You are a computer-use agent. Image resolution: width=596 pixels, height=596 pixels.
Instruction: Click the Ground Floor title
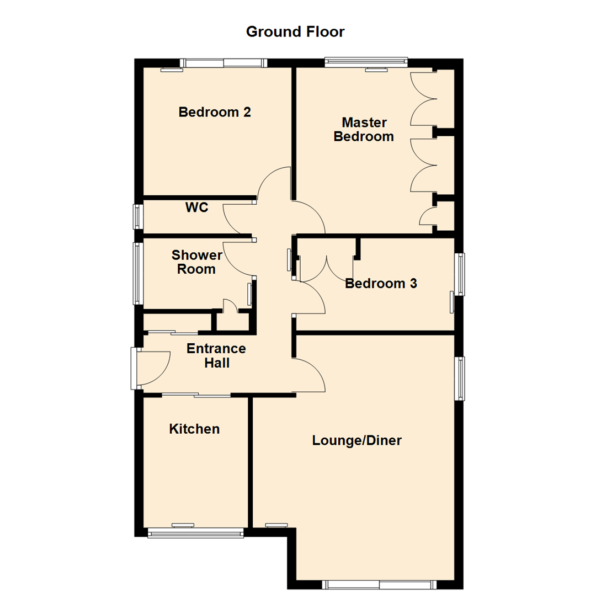tap(295, 31)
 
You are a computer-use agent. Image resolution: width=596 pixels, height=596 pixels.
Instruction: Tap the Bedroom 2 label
tap(215, 113)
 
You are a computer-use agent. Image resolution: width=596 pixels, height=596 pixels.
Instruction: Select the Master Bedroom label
tap(364, 129)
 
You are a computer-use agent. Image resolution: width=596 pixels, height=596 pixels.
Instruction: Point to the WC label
tap(196, 208)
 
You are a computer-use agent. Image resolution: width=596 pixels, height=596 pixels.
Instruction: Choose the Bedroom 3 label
tap(381, 284)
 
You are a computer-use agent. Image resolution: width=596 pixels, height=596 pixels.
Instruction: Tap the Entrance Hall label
tap(216, 356)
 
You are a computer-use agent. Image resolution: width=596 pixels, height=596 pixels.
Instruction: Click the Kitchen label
tap(194, 429)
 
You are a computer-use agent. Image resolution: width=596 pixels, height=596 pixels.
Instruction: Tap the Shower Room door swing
tap(238, 258)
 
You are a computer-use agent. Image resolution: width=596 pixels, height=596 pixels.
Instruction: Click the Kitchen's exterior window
tap(195, 533)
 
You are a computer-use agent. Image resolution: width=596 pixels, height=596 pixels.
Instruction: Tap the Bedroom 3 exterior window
tap(459, 274)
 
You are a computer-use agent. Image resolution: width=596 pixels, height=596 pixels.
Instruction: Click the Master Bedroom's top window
tap(366, 62)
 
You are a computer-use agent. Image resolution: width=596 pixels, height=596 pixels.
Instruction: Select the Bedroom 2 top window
tap(225, 63)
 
